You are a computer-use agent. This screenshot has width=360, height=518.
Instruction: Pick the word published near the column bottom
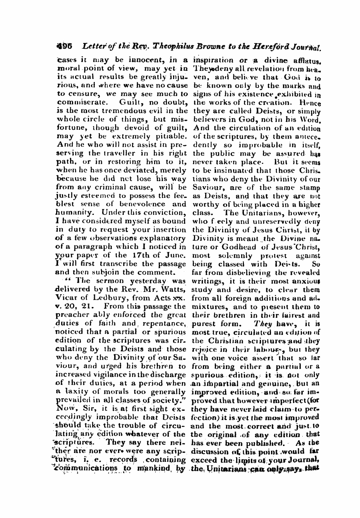click(264, 443)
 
